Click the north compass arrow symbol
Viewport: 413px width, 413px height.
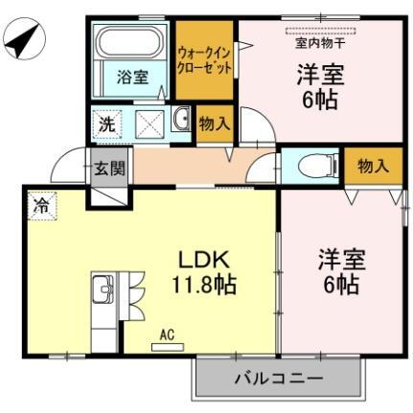(x=24, y=40)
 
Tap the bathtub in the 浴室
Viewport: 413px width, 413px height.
(x=131, y=46)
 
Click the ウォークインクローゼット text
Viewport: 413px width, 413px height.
(x=203, y=61)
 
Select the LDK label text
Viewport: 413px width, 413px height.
(x=204, y=259)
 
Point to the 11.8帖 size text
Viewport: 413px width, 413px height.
(x=204, y=285)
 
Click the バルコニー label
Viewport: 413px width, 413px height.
(x=279, y=379)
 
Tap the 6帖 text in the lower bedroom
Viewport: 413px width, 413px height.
(x=338, y=285)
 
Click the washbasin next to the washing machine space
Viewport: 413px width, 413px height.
(x=179, y=121)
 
